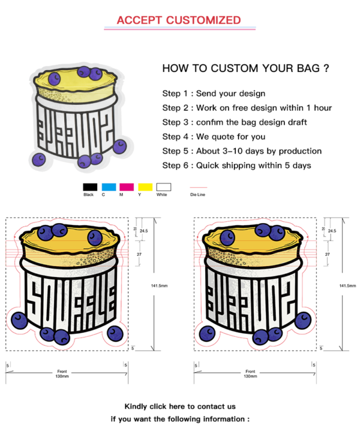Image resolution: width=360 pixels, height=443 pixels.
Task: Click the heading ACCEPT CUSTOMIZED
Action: click(x=179, y=20)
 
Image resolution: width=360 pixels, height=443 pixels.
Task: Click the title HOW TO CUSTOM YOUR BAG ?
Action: click(x=245, y=68)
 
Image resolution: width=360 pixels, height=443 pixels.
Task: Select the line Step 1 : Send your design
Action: click(x=213, y=94)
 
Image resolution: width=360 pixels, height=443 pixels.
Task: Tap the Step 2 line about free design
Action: click(x=247, y=108)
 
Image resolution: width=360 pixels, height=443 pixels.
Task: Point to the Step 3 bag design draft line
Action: click(x=234, y=122)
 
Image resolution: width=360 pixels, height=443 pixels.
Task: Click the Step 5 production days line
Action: click(x=242, y=151)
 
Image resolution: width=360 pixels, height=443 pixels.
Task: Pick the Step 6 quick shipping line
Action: click(x=236, y=165)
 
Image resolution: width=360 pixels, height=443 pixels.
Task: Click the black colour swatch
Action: click(x=90, y=187)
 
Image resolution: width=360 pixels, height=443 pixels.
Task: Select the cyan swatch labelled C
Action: click(x=108, y=187)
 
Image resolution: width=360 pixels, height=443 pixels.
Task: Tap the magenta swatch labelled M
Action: click(x=127, y=187)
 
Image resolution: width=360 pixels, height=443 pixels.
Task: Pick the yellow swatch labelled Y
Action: click(x=145, y=187)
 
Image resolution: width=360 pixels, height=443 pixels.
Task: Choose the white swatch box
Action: click(x=163, y=187)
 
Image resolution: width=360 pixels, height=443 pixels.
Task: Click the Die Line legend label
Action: click(x=197, y=195)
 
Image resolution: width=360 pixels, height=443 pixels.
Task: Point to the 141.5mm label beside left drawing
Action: click(x=159, y=286)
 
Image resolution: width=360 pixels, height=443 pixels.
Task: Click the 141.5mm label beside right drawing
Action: click(x=347, y=286)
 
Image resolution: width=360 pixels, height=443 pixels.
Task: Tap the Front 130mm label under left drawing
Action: click(x=63, y=373)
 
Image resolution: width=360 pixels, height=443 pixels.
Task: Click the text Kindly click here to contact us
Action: click(x=180, y=406)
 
